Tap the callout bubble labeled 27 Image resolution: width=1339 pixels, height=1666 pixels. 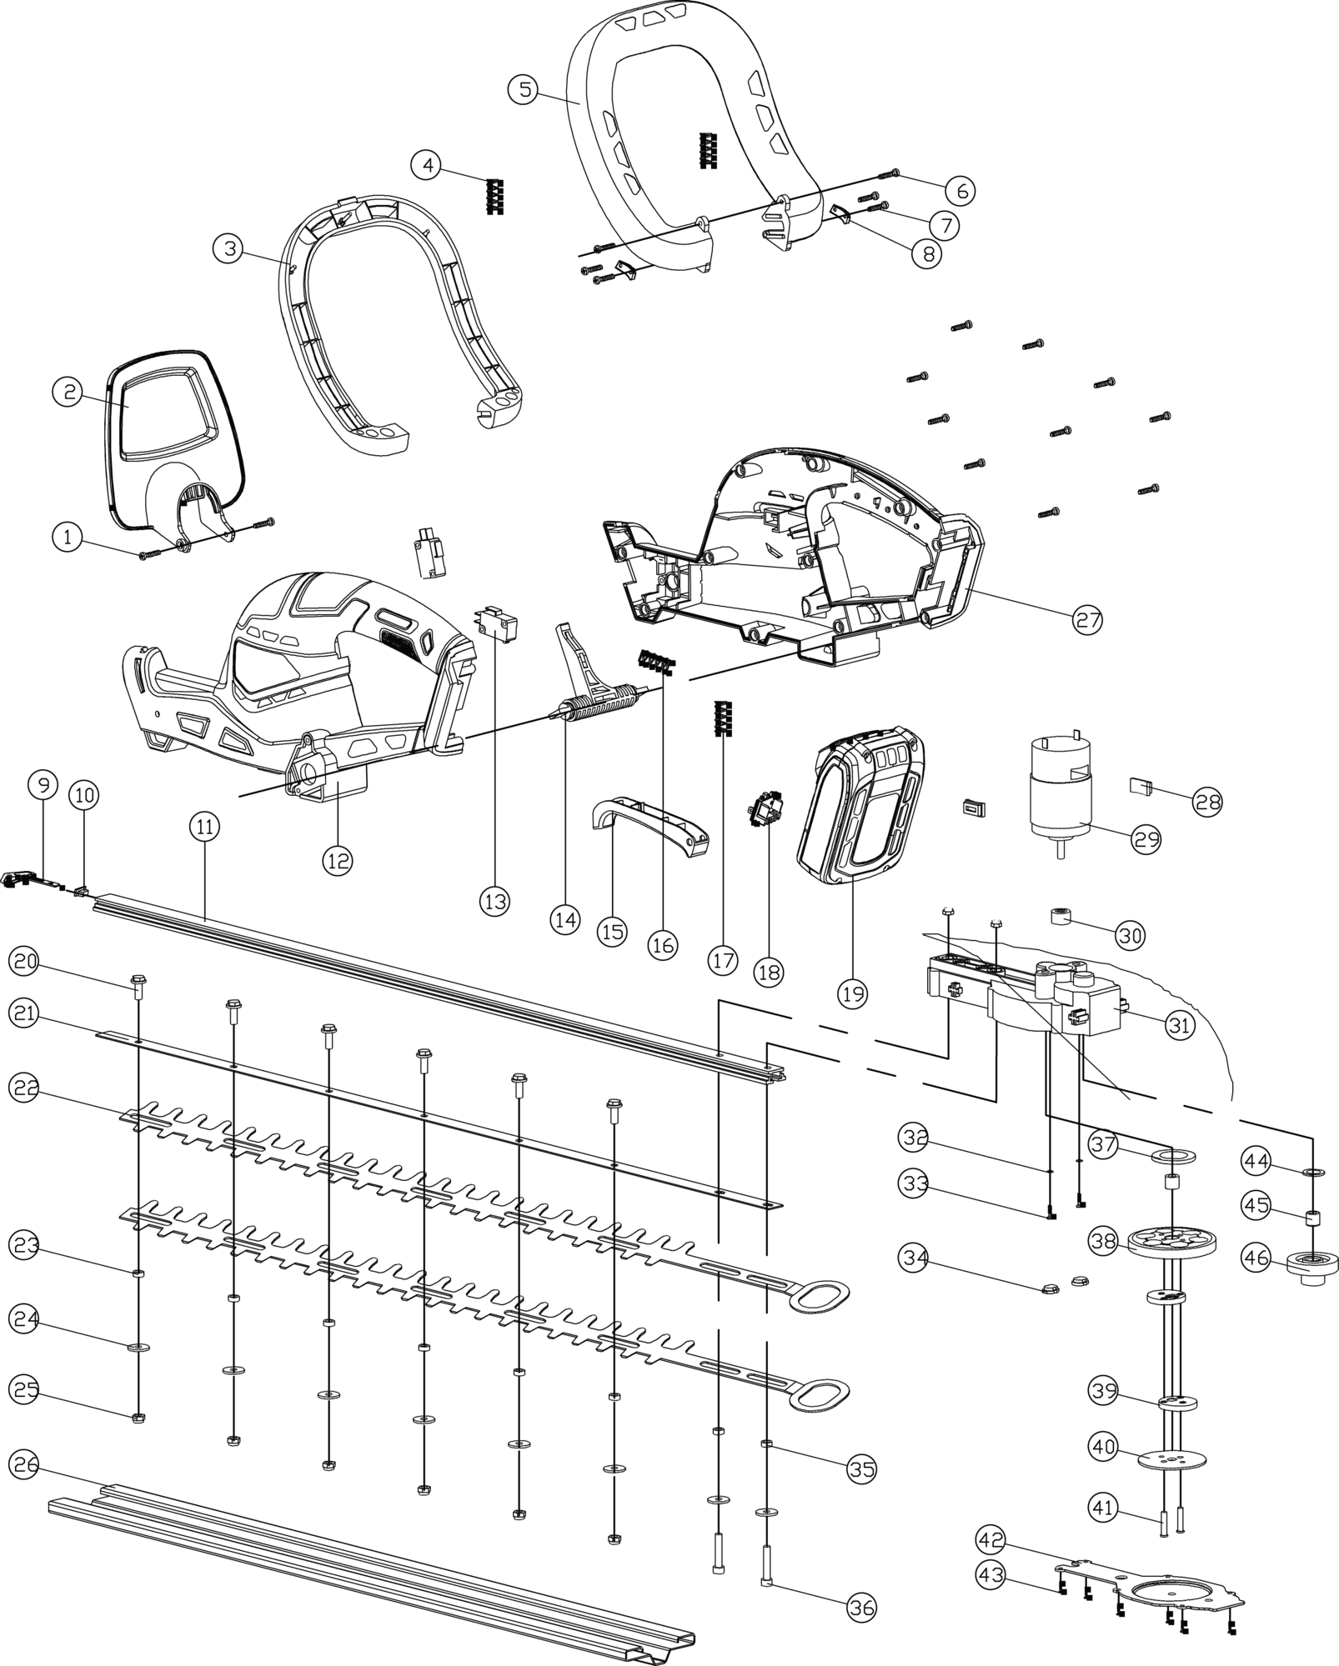1086,618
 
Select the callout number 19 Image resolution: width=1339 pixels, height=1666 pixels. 854,993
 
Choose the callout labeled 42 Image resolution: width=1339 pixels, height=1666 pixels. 993,1538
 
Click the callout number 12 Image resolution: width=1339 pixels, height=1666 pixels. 338,859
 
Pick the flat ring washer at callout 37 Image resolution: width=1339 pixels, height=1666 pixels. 1172,1157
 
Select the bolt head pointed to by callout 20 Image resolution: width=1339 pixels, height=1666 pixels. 138,982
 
